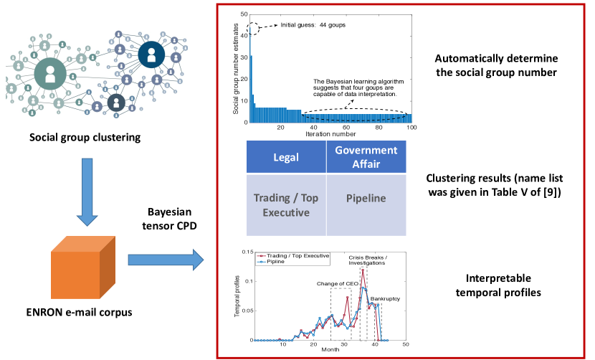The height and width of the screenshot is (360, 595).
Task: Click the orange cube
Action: click(x=83, y=267)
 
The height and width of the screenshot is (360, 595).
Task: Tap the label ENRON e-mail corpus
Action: click(x=80, y=313)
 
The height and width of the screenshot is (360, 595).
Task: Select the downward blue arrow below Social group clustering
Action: click(x=87, y=192)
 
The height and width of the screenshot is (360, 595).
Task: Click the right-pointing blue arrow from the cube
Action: click(x=166, y=260)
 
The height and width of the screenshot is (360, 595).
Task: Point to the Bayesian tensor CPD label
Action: click(x=170, y=219)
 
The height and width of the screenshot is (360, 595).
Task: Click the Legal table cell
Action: click(x=286, y=157)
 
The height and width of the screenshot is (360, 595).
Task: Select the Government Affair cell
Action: click(x=366, y=157)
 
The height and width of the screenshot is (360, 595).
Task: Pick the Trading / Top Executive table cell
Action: click(x=286, y=205)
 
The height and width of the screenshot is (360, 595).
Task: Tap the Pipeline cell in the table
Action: click(x=366, y=205)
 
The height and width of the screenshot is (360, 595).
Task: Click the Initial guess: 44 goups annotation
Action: click(x=313, y=25)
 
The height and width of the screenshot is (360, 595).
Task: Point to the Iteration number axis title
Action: click(x=330, y=134)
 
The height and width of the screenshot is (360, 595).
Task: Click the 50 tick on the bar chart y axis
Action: click(x=244, y=14)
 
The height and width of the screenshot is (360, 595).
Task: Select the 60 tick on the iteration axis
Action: click(x=346, y=128)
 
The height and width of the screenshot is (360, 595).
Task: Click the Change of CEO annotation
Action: click(x=338, y=284)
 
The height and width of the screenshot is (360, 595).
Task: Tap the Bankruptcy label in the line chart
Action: click(x=385, y=299)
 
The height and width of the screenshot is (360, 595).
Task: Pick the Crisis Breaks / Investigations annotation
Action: click(x=367, y=260)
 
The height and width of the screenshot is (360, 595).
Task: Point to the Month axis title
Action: click(x=330, y=349)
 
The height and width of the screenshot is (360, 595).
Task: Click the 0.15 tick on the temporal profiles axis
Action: click(x=248, y=252)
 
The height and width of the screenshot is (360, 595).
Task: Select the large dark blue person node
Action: click(x=151, y=55)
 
